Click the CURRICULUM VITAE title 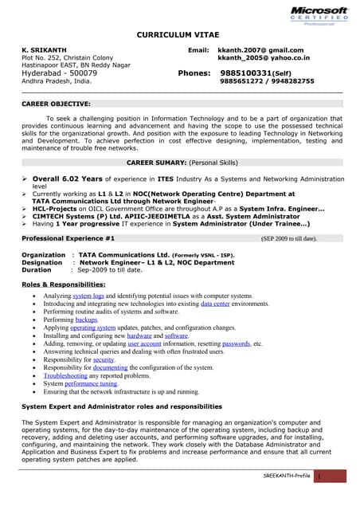click(180, 36)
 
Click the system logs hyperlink click(88, 296)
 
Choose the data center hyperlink click(217, 304)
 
